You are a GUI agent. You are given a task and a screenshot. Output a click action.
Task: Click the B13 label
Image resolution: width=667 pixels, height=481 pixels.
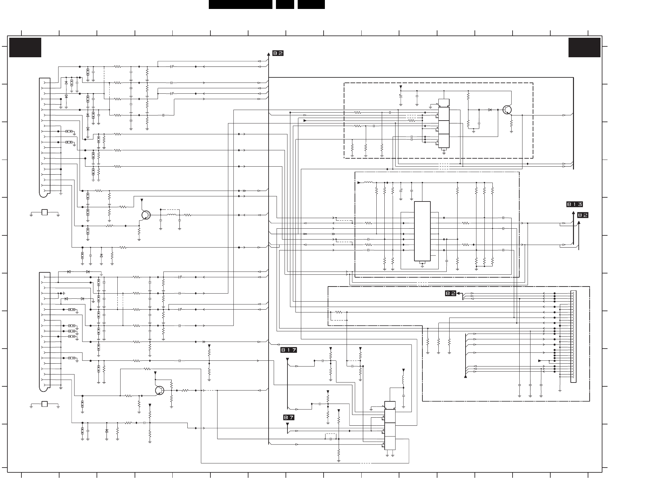(x=574, y=204)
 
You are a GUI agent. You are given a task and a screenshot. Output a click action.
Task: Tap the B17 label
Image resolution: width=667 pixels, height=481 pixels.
(x=289, y=350)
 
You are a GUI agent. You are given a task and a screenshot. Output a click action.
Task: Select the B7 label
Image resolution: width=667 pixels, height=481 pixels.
(x=289, y=417)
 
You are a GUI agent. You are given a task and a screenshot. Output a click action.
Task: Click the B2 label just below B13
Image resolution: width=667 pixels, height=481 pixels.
(x=583, y=215)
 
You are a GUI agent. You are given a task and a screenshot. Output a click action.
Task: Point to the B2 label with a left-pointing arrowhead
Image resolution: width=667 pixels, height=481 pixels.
(x=451, y=293)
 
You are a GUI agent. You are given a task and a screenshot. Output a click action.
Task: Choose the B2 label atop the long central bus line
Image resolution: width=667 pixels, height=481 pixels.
(x=278, y=53)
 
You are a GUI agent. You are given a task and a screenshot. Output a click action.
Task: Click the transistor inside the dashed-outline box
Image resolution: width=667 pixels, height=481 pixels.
(x=507, y=110)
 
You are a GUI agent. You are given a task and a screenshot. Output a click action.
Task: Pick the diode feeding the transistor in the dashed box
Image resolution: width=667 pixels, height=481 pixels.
(x=490, y=110)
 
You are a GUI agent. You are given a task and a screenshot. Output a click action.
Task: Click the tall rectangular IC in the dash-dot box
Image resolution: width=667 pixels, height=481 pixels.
(x=422, y=231)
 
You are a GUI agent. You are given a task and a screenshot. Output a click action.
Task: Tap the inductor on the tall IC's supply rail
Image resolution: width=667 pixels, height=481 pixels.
(x=368, y=183)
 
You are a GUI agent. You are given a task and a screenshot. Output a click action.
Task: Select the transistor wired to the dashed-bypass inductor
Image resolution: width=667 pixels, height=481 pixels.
(x=146, y=215)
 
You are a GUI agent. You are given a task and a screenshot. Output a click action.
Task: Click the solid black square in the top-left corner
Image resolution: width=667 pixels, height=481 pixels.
(x=25, y=47)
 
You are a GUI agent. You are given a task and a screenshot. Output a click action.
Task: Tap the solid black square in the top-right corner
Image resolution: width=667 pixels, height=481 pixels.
(x=584, y=47)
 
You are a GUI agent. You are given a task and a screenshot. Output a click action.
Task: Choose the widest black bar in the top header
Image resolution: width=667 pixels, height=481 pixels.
(x=240, y=4)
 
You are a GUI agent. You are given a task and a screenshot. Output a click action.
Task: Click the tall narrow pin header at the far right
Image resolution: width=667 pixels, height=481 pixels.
(x=573, y=336)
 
